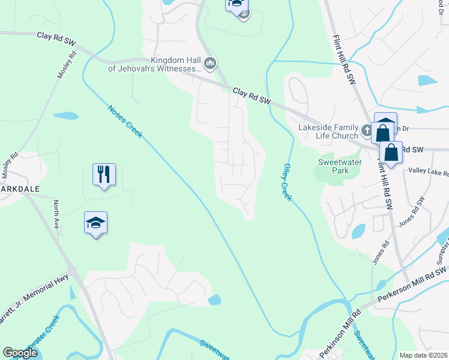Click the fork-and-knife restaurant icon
tap(104, 175)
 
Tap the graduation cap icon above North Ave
tap(96, 223)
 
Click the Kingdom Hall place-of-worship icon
tap(210, 62)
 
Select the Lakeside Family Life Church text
tap(328, 131)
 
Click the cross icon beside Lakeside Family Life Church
tap(367, 129)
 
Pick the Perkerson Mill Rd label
tap(408, 291)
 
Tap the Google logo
tap(20, 353)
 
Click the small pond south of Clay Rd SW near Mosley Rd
tap(65, 115)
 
